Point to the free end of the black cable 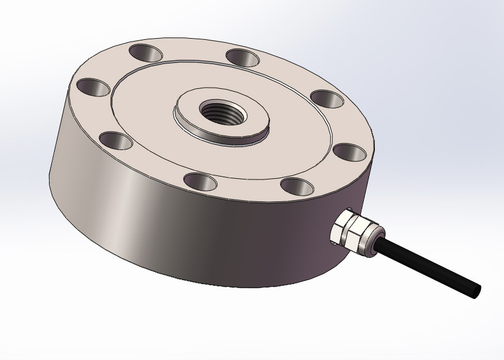click(x=475, y=291)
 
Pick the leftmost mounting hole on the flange click(x=93, y=88)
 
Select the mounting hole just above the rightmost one click(x=327, y=99)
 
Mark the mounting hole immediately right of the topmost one click(x=242, y=58)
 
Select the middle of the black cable click(x=427, y=267)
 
